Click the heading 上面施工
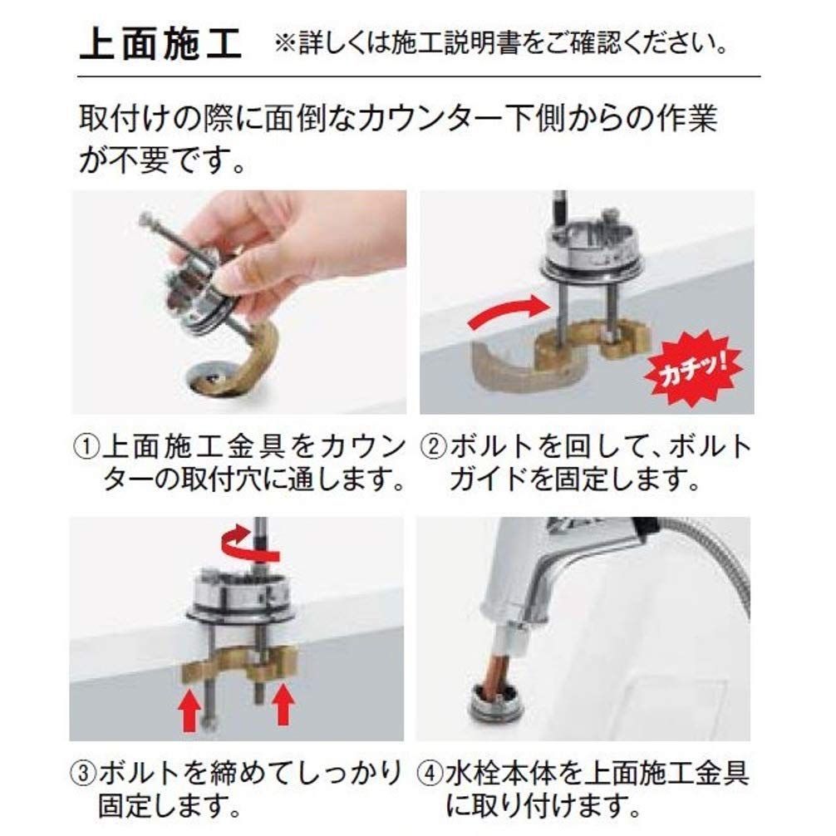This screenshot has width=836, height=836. (x=160, y=44)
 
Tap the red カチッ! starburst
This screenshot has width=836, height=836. (x=692, y=366)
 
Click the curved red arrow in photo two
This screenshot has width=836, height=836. (x=509, y=313)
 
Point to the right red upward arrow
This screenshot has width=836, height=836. (x=283, y=705)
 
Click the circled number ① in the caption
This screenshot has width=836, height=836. (x=87, y=447)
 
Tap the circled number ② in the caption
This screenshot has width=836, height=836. (x=434, y=447)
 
